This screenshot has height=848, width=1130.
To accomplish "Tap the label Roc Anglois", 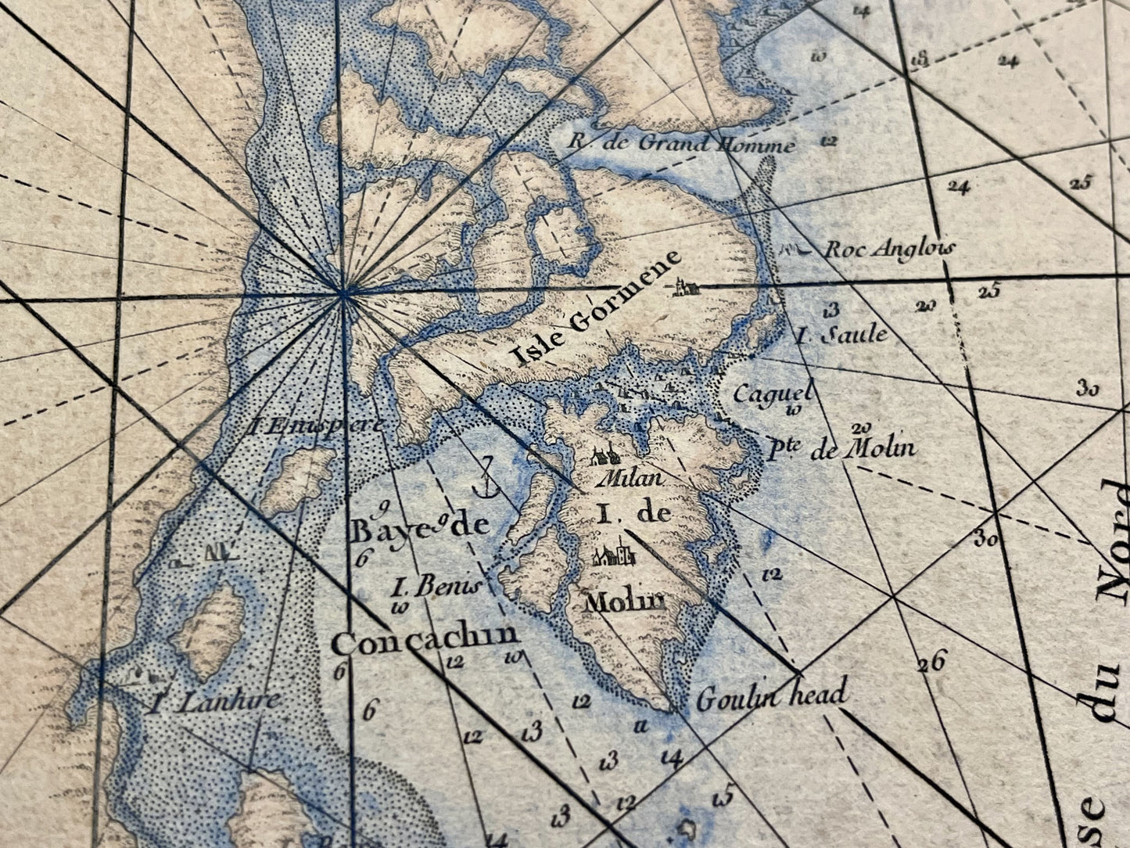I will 890,249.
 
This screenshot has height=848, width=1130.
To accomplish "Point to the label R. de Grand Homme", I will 681,144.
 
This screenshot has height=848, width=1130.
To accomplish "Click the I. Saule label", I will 841,336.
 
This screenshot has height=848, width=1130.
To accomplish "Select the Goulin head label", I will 771,696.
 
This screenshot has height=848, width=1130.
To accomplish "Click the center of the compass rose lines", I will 343,294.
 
